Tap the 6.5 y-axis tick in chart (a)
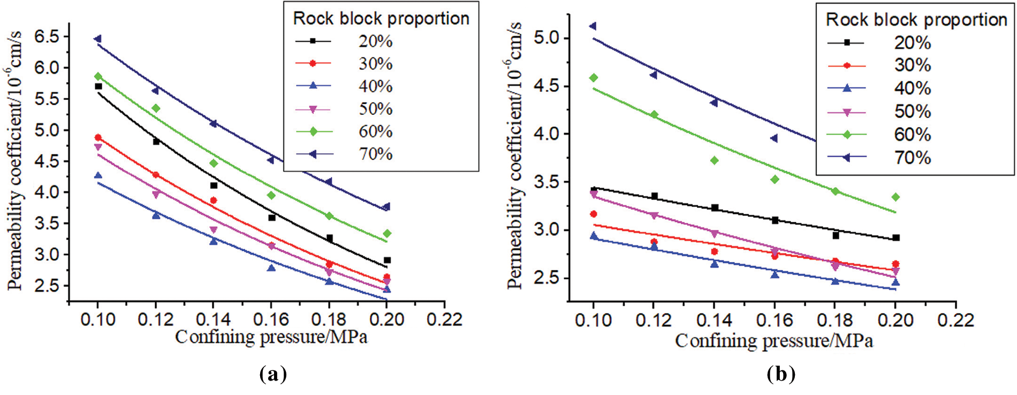47,37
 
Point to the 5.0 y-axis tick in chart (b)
547,38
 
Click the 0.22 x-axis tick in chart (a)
444,320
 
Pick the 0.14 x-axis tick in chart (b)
714,320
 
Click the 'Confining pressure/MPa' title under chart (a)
271,337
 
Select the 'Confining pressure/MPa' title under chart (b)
773,340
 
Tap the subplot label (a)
273,374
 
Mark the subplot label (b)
780,374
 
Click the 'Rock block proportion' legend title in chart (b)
916,20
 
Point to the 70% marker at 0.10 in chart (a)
98,39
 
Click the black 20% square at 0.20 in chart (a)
387,260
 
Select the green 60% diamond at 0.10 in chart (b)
593,78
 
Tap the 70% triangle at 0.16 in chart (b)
774,138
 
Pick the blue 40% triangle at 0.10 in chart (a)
98,175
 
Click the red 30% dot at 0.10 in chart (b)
593,214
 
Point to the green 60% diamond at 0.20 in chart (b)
895,197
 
